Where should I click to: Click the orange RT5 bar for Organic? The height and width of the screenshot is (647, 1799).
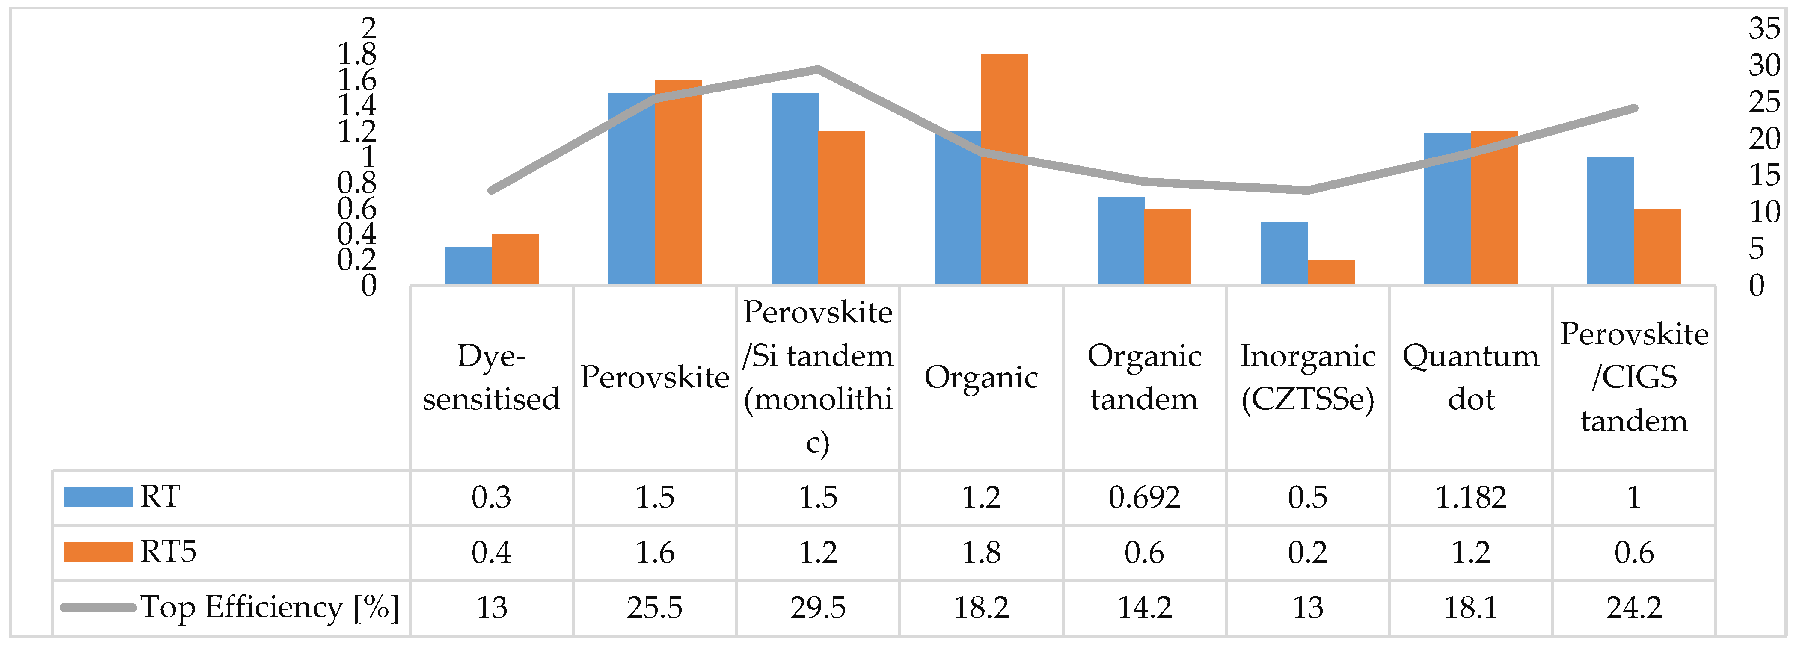pyautogui.click(x=1004, y=170)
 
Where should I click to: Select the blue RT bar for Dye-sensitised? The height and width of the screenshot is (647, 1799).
pyautogui.click(x=468, y=266)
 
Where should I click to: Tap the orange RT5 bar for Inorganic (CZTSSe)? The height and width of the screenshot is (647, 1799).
pyautogui.click(x=1331, y=272)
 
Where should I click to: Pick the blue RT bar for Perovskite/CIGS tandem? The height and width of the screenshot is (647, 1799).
pyautogui.click(x=1610, y=221)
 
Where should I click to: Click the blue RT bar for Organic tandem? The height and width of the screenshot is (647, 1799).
pyautogui.click(x=1121, y=241)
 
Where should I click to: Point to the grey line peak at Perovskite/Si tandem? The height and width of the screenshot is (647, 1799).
pyautogui.click(x=818, y=69)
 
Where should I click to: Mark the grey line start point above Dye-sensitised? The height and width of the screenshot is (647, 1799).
pyautogui.click(x=492, y=190)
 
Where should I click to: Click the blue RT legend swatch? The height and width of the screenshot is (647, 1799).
pyautogui.click(x=98, y=497)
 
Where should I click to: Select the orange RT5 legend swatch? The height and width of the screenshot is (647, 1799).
pyautogui.click(x=98, y=552)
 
